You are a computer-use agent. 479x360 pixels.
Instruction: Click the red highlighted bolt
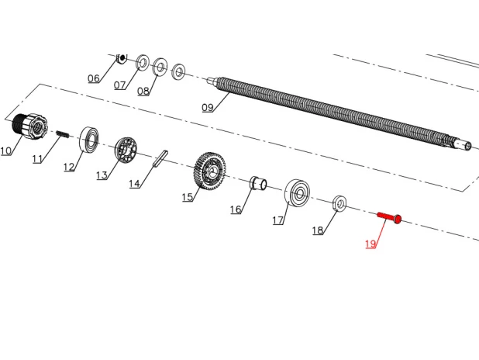click(x=390, y=217)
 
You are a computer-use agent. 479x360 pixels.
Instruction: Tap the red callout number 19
click(x=370, y=244)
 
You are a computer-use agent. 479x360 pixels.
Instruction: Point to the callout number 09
click(x=208, y=107)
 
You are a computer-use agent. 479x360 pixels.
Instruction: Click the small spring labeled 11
click(x=63, y=134)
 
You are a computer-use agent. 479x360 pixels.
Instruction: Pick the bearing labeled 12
click(x=89, y=139)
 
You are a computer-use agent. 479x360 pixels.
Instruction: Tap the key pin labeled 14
click(x=160, y=158)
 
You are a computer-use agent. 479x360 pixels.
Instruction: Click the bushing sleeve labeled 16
click(x=258, y=183)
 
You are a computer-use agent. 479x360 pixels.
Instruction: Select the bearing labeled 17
click(x=297, y=192)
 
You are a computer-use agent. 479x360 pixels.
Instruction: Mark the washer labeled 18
click(x=339, y=203)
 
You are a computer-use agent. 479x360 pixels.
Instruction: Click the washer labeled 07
click(x=143, y=63)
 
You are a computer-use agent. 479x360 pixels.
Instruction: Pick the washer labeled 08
click(x=160, y=67)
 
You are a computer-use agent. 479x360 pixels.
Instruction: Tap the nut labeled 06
click(x=122, y=58)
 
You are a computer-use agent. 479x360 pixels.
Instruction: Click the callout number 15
click(x=188, y=197)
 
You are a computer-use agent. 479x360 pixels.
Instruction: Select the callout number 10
click(x=5, y=151)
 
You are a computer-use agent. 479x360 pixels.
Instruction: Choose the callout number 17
click(x=278, y=220)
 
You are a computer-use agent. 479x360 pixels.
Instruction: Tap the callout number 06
click(x=94, y=78)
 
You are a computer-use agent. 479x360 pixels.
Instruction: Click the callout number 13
click(x=102, y=175)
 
